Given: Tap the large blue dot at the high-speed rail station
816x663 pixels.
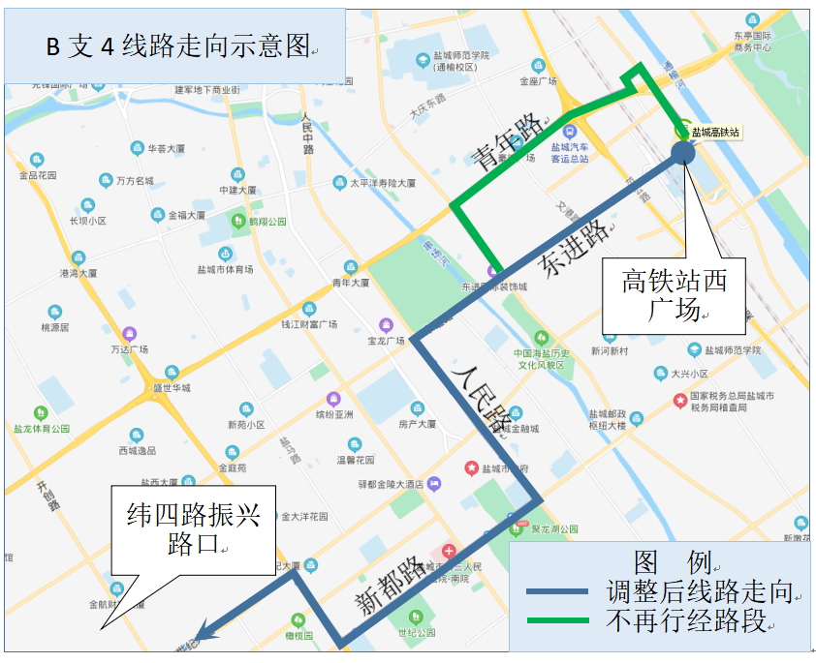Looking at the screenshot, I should click(682, 151).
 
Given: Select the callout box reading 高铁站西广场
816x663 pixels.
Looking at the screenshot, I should click(675, 295).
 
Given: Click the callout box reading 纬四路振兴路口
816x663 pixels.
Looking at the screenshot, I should click(194, 529).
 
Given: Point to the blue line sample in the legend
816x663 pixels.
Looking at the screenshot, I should click(556, 591).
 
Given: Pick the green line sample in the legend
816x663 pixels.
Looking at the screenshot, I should click(556, 620).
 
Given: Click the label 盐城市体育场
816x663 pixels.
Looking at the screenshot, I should click(225, 269).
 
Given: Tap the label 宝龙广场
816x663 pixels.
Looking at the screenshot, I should click(386, 340).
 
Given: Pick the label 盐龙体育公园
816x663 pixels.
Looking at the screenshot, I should click(42, 428).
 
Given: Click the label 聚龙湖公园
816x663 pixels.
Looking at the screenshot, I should click(554, 528).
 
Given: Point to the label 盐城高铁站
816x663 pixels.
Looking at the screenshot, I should click(715, 132).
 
